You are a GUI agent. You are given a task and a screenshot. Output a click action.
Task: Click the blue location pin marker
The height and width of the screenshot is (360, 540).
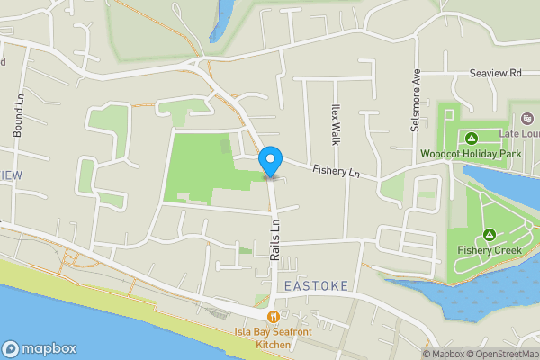(x=269, y=162)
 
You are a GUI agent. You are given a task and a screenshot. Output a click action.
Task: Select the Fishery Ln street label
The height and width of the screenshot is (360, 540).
(x=336, y=172)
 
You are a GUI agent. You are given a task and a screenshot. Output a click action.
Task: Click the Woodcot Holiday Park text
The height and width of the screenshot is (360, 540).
(x=471, y=154)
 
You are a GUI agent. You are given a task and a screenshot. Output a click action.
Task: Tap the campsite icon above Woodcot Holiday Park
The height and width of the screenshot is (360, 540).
(x=471, y=138)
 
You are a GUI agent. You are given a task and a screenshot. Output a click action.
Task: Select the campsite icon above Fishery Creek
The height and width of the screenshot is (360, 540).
(x=489, y=234)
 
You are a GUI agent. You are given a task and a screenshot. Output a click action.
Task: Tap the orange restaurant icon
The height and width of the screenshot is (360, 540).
(x=272, y=316)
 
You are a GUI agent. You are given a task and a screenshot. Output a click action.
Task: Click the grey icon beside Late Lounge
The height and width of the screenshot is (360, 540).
(x=526, y=117)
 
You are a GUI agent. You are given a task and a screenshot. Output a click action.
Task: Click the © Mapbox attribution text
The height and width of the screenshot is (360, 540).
(x=445, y=354)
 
